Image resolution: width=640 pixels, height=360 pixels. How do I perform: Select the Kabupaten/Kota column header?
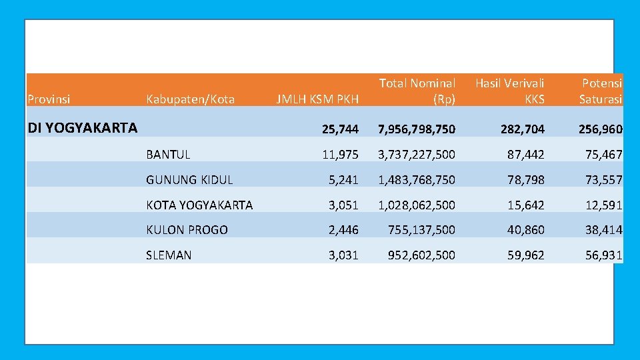click(x=190, y=99)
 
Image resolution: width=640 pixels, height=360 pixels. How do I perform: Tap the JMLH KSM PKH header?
click(x=317, y=99)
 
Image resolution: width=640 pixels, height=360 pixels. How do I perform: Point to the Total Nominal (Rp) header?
click(x=417, y=91)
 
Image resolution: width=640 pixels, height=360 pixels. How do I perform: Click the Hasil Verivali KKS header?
click(x=509, y=91)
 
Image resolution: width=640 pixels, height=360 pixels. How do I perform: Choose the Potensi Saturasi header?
click(x=600, y=91)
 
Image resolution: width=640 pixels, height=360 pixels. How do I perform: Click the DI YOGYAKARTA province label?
click(x=83, y=127)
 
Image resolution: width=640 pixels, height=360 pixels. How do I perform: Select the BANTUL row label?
click(x=168, y=155)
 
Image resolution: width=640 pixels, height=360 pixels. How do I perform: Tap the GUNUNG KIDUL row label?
click(x=189, y=180)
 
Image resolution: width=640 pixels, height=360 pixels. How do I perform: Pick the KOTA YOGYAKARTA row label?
click(x=199, y=205)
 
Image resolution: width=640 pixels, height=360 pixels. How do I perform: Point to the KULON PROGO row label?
click(x=187, y=230)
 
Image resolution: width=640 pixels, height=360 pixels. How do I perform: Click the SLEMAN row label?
click(x=169, y=255)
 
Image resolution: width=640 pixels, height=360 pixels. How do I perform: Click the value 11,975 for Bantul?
click(x=340, y=155)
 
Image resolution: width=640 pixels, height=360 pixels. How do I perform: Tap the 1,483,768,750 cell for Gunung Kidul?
click(x=417, y=180)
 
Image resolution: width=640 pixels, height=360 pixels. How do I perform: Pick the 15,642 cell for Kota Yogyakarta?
click(x=525, y=205)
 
